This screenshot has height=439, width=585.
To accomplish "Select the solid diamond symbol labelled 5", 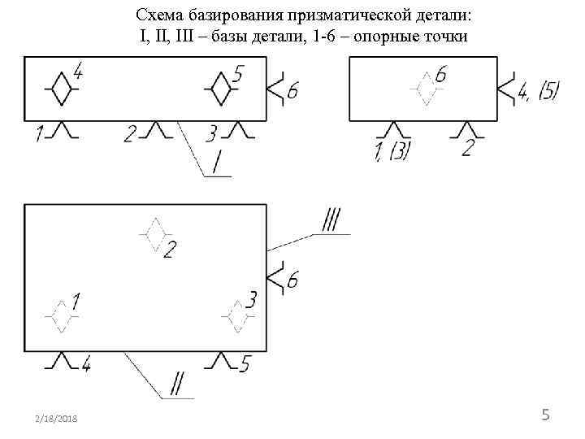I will point(218,88).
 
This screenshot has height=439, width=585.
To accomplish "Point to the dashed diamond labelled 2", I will point(154,235).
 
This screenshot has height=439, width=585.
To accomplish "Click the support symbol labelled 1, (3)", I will point(395,130).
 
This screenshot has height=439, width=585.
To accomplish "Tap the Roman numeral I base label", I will point(217,165).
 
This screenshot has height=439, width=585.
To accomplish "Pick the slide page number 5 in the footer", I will point(546,416).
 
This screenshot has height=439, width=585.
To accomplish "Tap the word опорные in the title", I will point(381,37).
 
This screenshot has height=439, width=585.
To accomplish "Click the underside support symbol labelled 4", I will point(62,360).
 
